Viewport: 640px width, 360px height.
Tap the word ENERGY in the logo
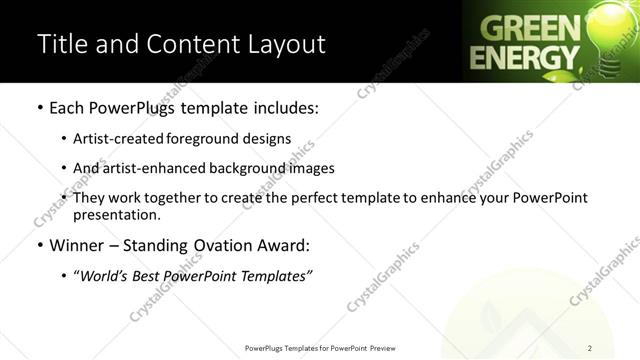pyautogui.click(x=525, y=56)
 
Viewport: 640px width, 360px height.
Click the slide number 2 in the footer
pyautogui.click(x=590, y=348)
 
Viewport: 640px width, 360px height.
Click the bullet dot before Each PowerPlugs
pyautogui.click(x=39, y=107)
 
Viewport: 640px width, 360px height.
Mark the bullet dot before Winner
pyautogui.click(x=39, y=244)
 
